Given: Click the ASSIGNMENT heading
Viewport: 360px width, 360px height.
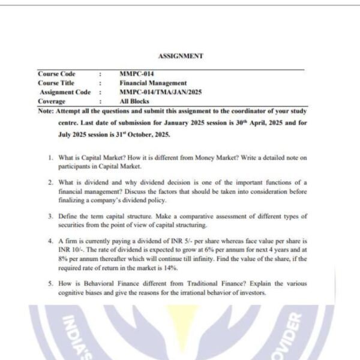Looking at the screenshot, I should point(181,56).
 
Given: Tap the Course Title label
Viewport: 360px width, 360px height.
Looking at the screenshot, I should point(56,83).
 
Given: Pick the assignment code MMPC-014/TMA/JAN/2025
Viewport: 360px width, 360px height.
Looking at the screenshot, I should point(154,92).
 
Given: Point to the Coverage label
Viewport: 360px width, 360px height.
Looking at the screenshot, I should point(52,101).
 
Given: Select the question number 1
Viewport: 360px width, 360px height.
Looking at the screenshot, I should point(50,158).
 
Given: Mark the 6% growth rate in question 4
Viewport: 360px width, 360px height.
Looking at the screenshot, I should point(217,249).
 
